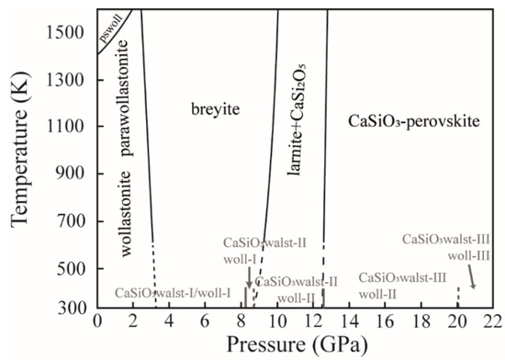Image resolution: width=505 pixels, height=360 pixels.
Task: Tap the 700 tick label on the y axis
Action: pyautogui.click(x=71, y=221)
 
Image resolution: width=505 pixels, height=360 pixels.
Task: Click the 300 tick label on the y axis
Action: pyautogui.click(x=71, y=315)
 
